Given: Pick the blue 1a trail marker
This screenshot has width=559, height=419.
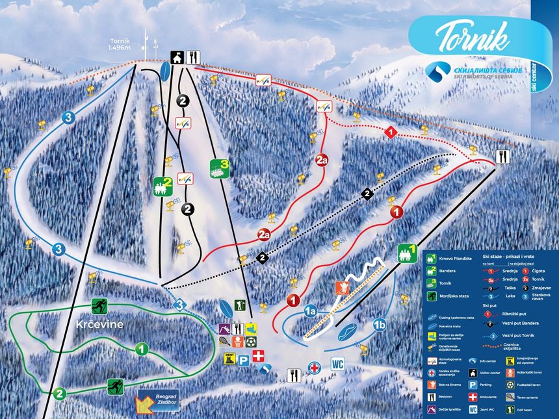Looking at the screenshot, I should click(310, 311).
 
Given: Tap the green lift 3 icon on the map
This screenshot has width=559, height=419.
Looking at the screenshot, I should click(219, 168).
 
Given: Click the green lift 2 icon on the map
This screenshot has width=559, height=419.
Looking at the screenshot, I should click(162, 186).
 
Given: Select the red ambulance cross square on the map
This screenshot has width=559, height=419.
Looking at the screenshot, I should click(259, 355).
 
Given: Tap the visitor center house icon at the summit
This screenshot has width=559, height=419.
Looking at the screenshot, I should click(177, 57).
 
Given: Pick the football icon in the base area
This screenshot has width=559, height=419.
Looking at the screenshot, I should click(251, 342).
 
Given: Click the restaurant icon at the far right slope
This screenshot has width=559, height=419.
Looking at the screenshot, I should click(502, 156).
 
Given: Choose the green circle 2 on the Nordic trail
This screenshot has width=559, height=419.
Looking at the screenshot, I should click(59, 393).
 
